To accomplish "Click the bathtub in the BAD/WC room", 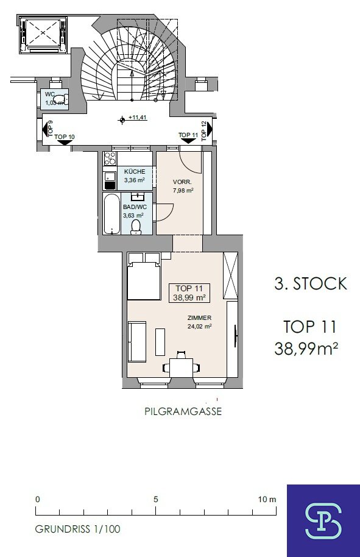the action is tap(112, 213).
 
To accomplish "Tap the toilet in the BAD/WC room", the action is tap(136, 227).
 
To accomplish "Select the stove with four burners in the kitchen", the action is tap(110, 158).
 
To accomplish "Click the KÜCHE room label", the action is tap(135, 172).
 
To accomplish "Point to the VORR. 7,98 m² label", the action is tap(183, 186).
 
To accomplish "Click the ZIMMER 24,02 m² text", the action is tap(200, 322).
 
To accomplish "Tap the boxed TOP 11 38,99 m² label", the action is tap(189, 293).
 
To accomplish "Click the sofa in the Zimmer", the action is tap(137, 342).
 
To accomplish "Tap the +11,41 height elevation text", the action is tap(138, 118).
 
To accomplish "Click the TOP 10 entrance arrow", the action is tap(65, 142).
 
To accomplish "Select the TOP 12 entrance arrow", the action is tap(210, 128).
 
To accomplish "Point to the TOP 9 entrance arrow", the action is tap(45, 129).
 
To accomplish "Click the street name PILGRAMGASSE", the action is tap(183, 411).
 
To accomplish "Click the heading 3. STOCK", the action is tap(311, 283).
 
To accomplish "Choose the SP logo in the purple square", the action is tap(323, 521).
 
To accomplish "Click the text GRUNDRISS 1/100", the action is tap(78, 529).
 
